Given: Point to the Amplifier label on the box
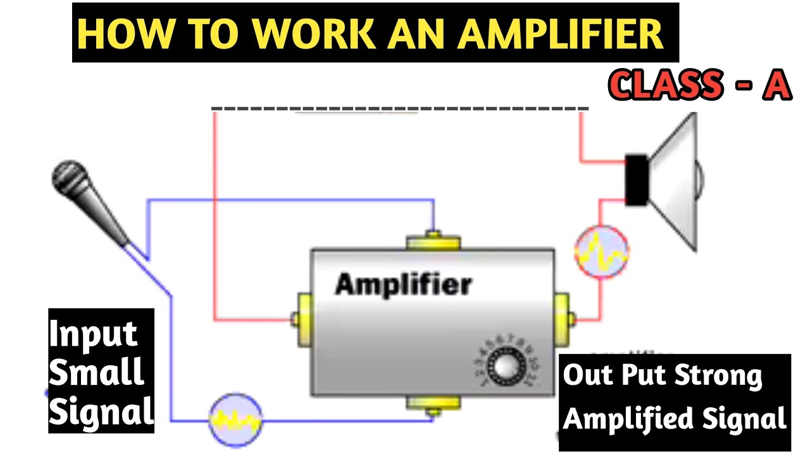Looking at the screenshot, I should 403,284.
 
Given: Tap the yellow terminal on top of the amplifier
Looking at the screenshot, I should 433,241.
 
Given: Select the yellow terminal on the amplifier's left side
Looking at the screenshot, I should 302,319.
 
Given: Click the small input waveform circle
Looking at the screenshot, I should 235,419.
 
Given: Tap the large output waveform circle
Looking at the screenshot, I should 602,252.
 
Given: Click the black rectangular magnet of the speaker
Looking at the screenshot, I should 637,179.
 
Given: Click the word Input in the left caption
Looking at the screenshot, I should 93,334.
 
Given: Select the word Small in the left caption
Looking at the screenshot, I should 96,373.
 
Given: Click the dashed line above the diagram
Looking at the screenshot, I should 400,109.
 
